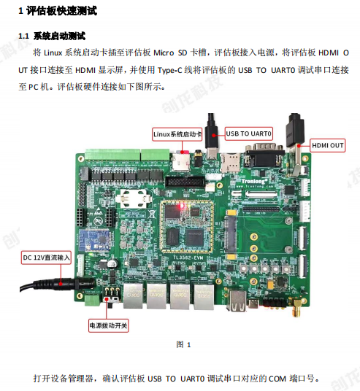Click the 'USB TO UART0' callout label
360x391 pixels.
(x=248, y=133)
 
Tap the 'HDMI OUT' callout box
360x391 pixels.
(x=328, y=145)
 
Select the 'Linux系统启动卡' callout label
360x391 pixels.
(x=177, y=134)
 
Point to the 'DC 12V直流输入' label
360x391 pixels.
(x=46, y=258)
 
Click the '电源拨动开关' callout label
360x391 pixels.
(x=108, y=325)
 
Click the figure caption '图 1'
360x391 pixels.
(x=183, y=345)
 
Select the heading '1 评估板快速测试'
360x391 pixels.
(x=58, y=11)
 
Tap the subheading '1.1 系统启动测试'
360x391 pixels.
(x=52, y=36)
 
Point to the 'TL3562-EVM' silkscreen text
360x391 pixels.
(x=188, y=258)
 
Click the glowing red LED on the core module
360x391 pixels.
(x=182, y=206)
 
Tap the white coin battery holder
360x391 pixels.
(x=134, y=198)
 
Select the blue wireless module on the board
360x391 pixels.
(x=95, y=241)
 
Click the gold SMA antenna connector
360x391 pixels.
(x=298, y=307)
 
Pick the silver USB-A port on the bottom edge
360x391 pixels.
(x=237, y=301)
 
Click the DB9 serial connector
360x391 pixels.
(x=264, y=155)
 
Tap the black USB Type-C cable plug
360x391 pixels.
(x=212, y=136)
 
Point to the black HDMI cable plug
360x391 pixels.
(x=294, y=131)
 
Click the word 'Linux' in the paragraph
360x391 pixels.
(x=53, y=53)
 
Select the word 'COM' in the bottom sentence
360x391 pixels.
(x=277, y=379)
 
